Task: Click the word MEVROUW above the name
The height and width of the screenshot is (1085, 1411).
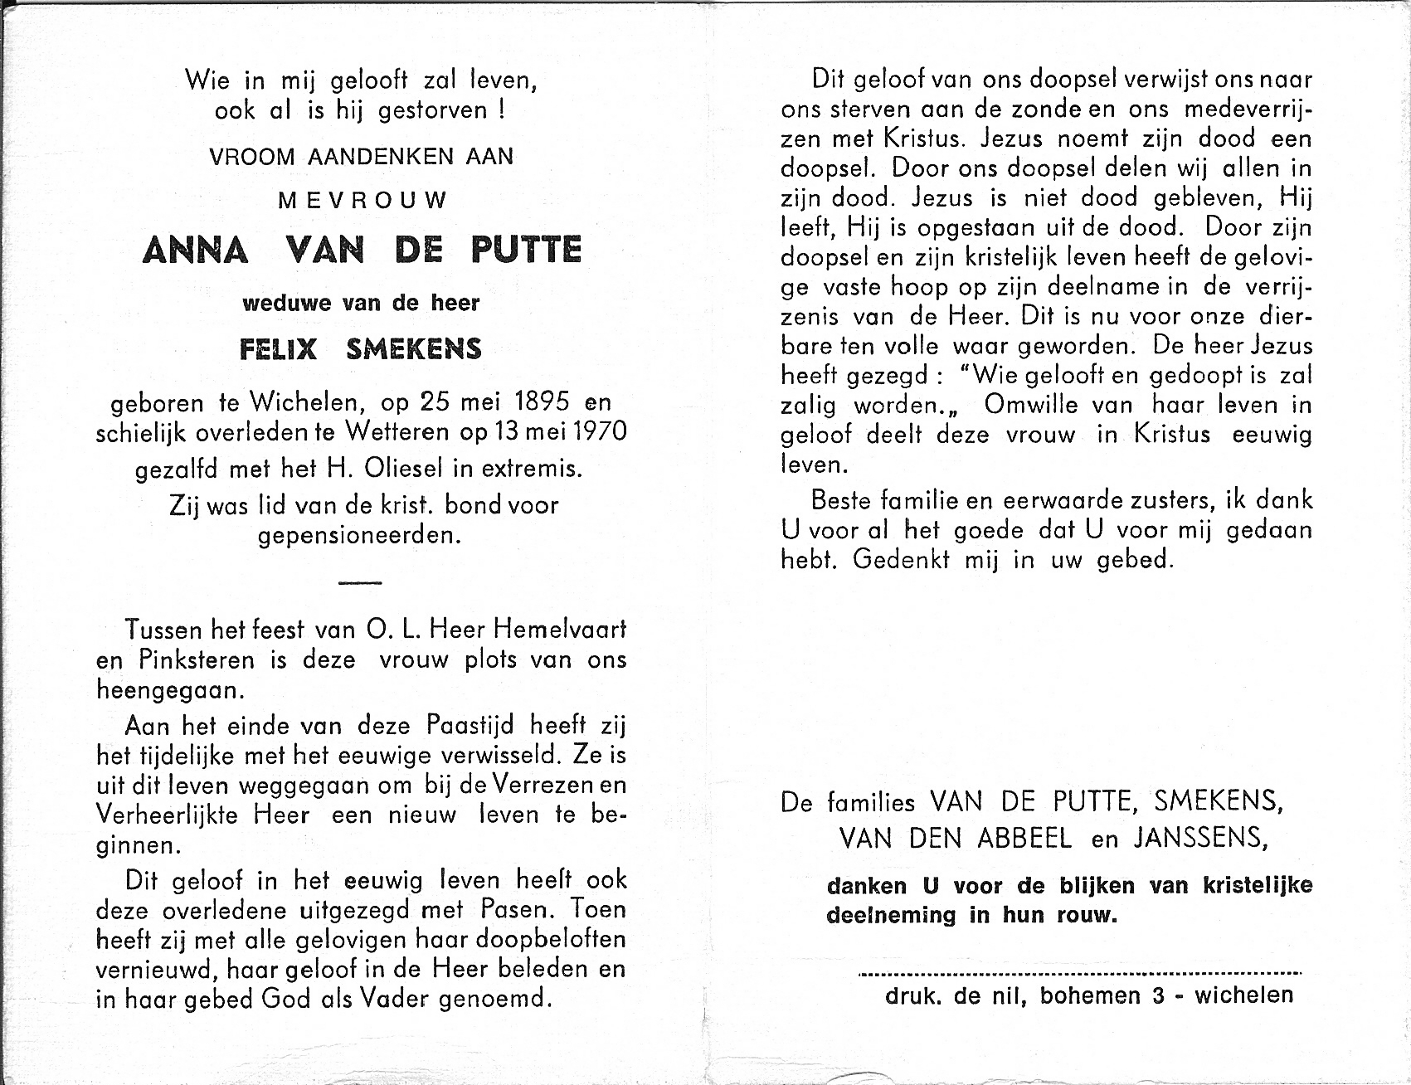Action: point(362,201)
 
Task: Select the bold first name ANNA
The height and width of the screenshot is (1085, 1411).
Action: point(196,250)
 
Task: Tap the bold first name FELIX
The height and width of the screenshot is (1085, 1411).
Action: point(278,349)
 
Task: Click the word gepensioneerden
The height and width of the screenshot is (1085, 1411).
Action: point(359,536)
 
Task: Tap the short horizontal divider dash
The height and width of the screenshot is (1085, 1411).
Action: point(360,583)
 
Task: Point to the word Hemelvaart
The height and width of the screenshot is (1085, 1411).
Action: point(560,630)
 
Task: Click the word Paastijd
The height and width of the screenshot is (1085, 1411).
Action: point(470,726)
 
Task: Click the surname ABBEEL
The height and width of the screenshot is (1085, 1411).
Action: point(1024,839)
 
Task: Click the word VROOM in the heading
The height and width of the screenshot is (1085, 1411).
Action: point(252,156)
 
